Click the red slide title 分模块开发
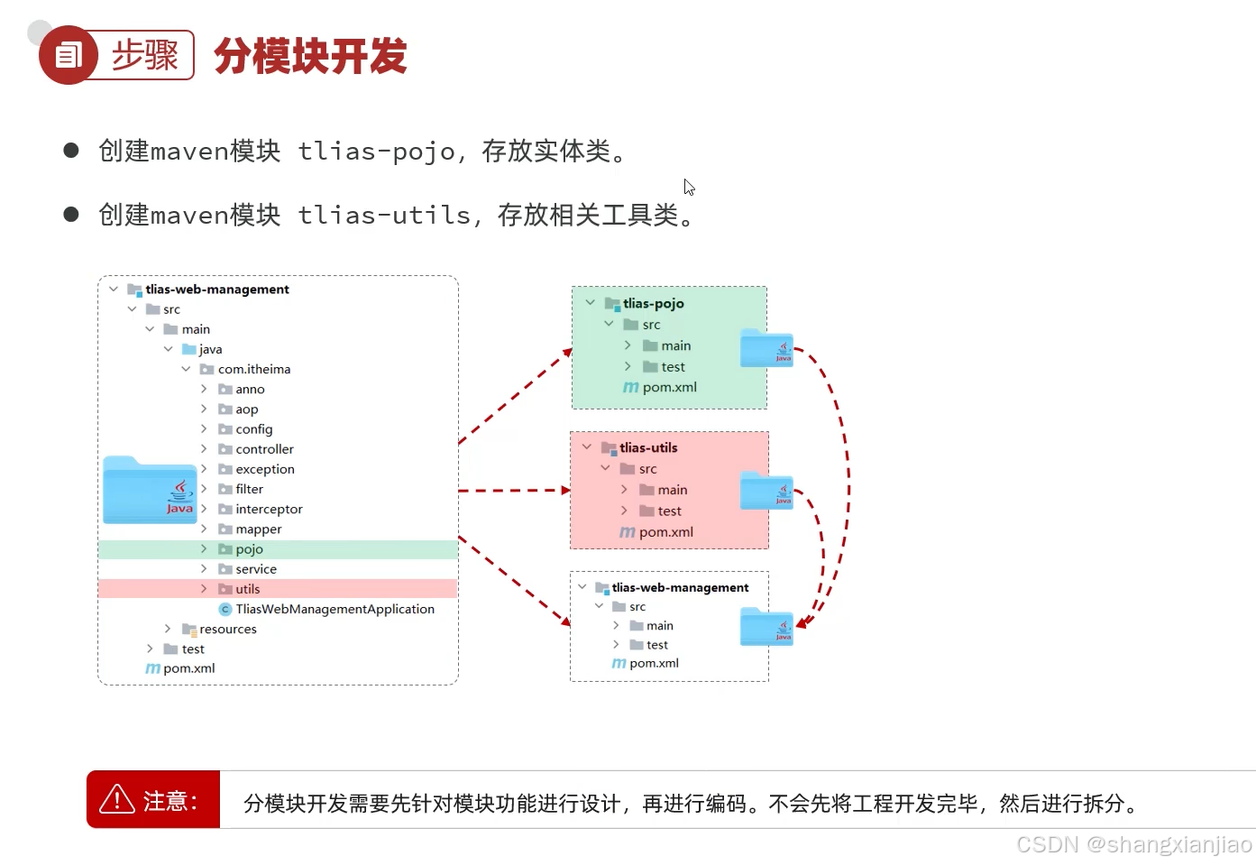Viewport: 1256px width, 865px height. pos(310,56)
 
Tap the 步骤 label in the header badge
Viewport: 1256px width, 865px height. pos(144,55)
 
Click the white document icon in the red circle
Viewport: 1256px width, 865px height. pos(69,56)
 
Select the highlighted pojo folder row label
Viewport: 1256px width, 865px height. pos(249,549)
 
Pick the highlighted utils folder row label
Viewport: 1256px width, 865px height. pos(247,589)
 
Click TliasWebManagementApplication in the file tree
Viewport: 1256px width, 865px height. pos(335,610)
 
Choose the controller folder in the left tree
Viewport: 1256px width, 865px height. pos(264,449)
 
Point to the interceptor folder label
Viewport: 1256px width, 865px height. pos(269,510)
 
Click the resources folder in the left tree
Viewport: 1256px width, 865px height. pos(227,630)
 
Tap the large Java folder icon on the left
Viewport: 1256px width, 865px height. pos(150,491)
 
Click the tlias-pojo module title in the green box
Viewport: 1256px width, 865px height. pos(653,304)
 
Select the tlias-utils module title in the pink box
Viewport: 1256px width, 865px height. pos(648,448)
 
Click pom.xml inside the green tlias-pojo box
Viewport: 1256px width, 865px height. pos(669,388)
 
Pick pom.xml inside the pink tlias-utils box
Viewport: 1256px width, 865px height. pos(665,532)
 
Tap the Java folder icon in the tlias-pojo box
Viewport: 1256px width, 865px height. pos(766,349)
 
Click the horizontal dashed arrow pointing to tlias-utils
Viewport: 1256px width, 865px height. pos(514,491)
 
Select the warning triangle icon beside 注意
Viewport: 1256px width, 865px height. pos(117,799)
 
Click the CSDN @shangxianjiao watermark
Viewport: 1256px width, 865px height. pos(1134,844)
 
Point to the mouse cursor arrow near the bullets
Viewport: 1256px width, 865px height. pos(689,187)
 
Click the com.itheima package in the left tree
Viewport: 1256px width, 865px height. pos(253,370)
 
